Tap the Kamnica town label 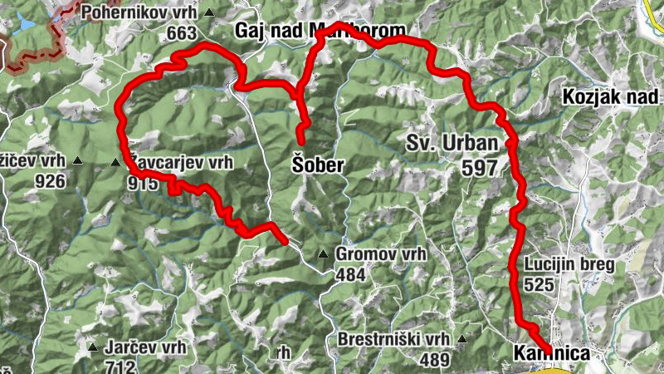[x=552, y=354]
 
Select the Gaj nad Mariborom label [x=321, y=32]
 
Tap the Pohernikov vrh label [x=143, y=13]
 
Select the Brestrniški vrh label [x=393, y=340]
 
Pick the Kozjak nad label [x=611, y=96]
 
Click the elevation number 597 [x=481, y=166]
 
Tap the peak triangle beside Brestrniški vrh [x=461, y=340]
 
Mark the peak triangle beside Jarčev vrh [x=92, y=347]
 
